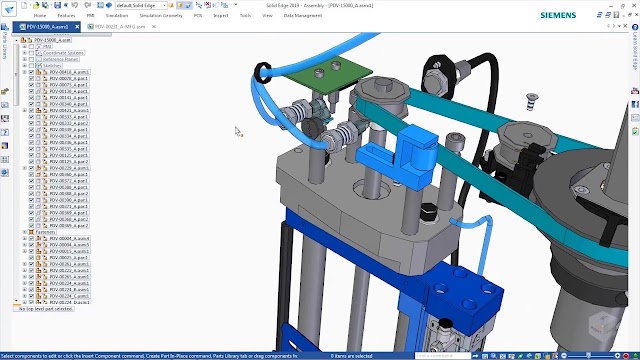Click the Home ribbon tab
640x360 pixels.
pos(40,16)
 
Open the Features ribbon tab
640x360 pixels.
pos(66,16)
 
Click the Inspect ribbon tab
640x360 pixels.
pos(221,16)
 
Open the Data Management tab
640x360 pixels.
pos(303,16)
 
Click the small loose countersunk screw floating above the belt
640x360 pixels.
pos(531,97)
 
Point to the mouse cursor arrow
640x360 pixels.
pos(238,130)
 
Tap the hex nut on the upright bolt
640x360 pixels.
pos(435,75)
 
